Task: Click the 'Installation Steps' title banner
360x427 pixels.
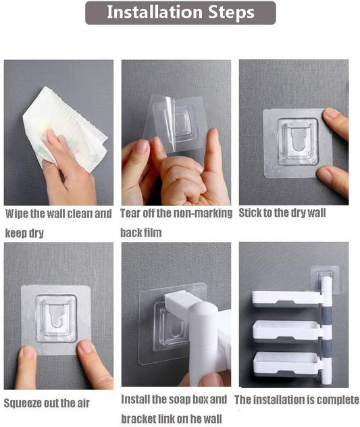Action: point(180,13)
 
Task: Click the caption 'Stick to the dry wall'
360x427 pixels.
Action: point(282,214)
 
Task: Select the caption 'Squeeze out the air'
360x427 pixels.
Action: point(47,403)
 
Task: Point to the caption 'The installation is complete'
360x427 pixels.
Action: point(297,400)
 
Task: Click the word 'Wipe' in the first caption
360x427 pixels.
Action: point(18,214)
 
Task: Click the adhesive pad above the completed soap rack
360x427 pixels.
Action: point(324,278)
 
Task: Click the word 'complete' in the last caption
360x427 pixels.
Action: point(336,400)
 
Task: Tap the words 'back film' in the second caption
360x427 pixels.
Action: point(141,232)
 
